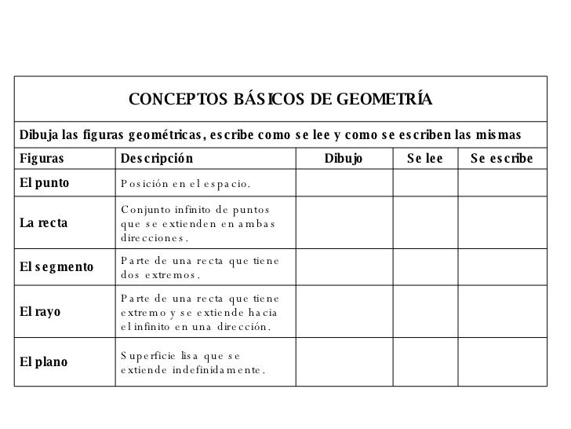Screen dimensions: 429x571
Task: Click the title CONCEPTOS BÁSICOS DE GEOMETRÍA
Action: tap(281, 100)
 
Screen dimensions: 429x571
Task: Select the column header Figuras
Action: tap(40, 159)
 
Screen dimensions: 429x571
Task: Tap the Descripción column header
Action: tap(156, 159)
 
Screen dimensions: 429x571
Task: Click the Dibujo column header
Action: tap(344, 159)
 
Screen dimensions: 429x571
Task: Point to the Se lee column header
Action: tap(425, 159)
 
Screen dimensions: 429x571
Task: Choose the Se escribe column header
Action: tap(502, 159)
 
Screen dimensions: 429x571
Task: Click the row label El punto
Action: tap(45, 183)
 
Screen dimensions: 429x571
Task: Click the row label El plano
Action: tap(44, 361)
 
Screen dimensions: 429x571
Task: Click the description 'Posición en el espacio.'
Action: tap(185, 184)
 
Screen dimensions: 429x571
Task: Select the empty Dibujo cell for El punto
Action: tap(344, 183)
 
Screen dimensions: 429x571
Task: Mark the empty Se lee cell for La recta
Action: tap(425, 223)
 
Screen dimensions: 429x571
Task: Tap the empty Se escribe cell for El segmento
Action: tap(502, 268)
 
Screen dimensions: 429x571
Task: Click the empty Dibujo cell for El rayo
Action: tap(344, 312)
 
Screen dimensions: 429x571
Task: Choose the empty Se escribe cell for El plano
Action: tap(502, 361)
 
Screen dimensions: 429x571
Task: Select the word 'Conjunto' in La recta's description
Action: tap(146, 210)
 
